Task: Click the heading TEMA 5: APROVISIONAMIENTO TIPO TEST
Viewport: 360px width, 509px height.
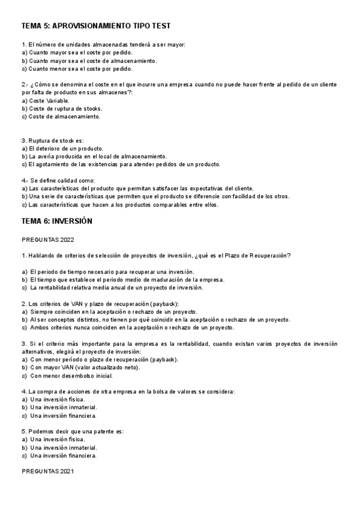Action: coord(96,26)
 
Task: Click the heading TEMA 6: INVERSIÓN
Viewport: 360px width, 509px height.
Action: coord(56,221)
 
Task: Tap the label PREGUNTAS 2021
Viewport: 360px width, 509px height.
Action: coord(47,471)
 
